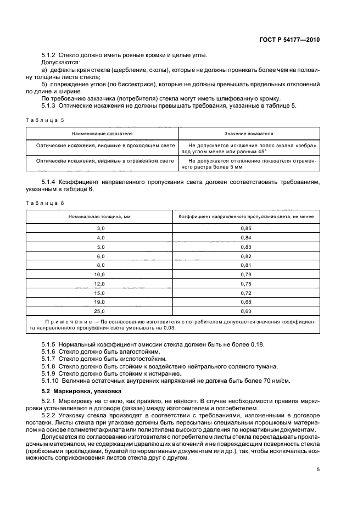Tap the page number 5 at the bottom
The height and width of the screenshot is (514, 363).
click(318, 469)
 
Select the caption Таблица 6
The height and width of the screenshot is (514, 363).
click(45, 203)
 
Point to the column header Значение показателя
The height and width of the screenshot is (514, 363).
click(249, 133)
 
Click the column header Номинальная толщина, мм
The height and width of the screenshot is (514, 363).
click(99, 217)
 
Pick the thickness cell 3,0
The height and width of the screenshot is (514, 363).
click(100, 228)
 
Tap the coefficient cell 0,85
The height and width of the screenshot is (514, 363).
click(246, 228)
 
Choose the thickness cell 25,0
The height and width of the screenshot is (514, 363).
click(99, 311)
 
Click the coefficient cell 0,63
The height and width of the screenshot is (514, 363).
click(246, 311)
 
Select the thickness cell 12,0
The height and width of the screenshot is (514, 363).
click(99, 283)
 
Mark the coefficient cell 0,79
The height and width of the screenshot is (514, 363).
click(246, 273)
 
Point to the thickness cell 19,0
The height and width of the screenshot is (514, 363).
click(99, 301)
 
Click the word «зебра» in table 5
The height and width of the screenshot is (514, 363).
click(304, 146)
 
